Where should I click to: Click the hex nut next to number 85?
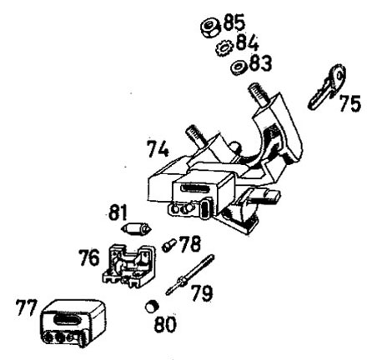click(x=210, y=28)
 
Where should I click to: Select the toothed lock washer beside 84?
click(x=224, y=48)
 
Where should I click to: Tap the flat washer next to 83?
click(x=239, y=67)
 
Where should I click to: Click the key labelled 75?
click(x=327, y=87)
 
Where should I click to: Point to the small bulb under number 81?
click(x=137, y=229)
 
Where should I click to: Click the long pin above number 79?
click(x=189, y=274)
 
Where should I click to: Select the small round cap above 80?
click(x=152, y=307)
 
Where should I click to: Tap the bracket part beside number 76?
click(x=128, y=266)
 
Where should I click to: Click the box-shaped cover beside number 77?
click(x=73, y=323)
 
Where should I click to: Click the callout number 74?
click(x=158, y=149)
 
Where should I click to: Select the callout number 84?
click(x=248, y=42)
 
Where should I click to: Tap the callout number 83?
click(x=260, y=62)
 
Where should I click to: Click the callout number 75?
click(x=350, y=103)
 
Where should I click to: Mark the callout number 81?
click(x=118, y=212)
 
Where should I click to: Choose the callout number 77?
click(x=26, y=307)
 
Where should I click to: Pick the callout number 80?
click(x=165, y=324)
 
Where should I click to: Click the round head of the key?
click(x=338, y=77)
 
